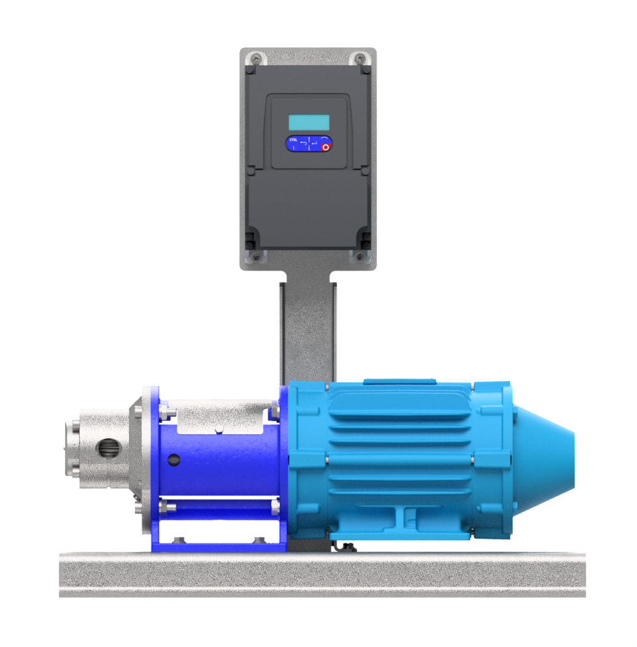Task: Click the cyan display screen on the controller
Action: click(x=309, y=122)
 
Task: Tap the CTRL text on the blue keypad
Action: click(x=293, y=140)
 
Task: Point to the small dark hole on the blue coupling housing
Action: click(x=174, y=459)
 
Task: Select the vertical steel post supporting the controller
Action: click(x=307, y=326)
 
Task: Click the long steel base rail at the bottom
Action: click(x=322, y=574)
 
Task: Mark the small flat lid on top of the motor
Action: click(x=399, y=382)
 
